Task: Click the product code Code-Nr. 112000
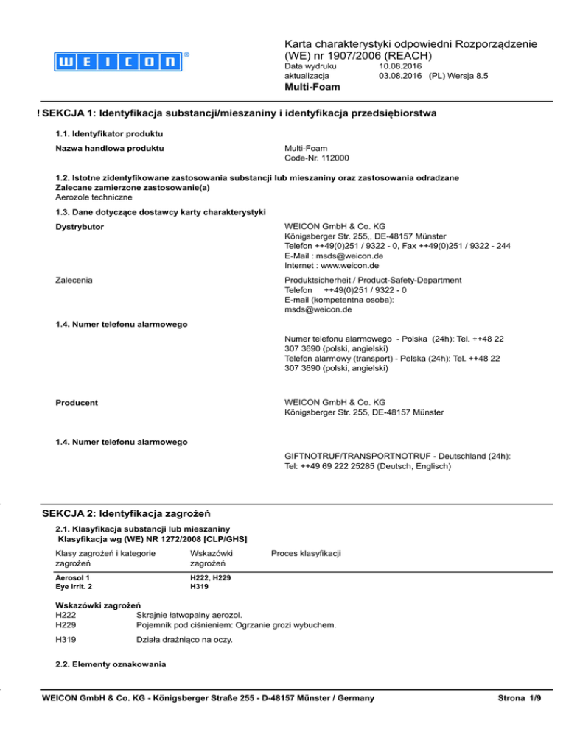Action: pyautogui.click(x=317, y=158)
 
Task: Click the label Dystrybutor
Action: pyautogui.click(x=82, y=227)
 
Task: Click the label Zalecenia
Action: pyautogui.click(x=77, y=280)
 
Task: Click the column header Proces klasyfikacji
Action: pyautogui.click(x=305, y=552)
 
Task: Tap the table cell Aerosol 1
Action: pyautogui.click(x=75, y=579)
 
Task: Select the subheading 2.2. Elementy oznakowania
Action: pyautogui.click(x=105, y=665)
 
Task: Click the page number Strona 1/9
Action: pyautogui.click(x=520, y=697)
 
